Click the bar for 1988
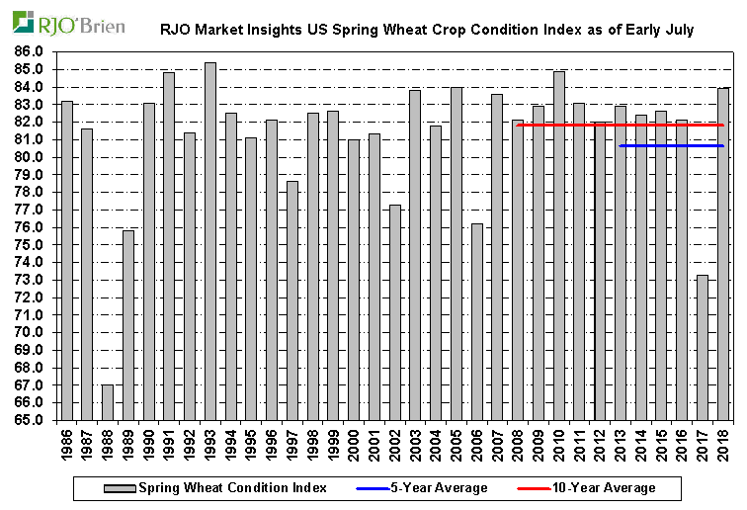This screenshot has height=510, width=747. click(108, 402)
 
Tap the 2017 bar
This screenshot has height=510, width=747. click(702, 347)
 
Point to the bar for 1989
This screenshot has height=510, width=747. click(128, 325)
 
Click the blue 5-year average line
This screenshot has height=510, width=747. click(671, 146)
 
